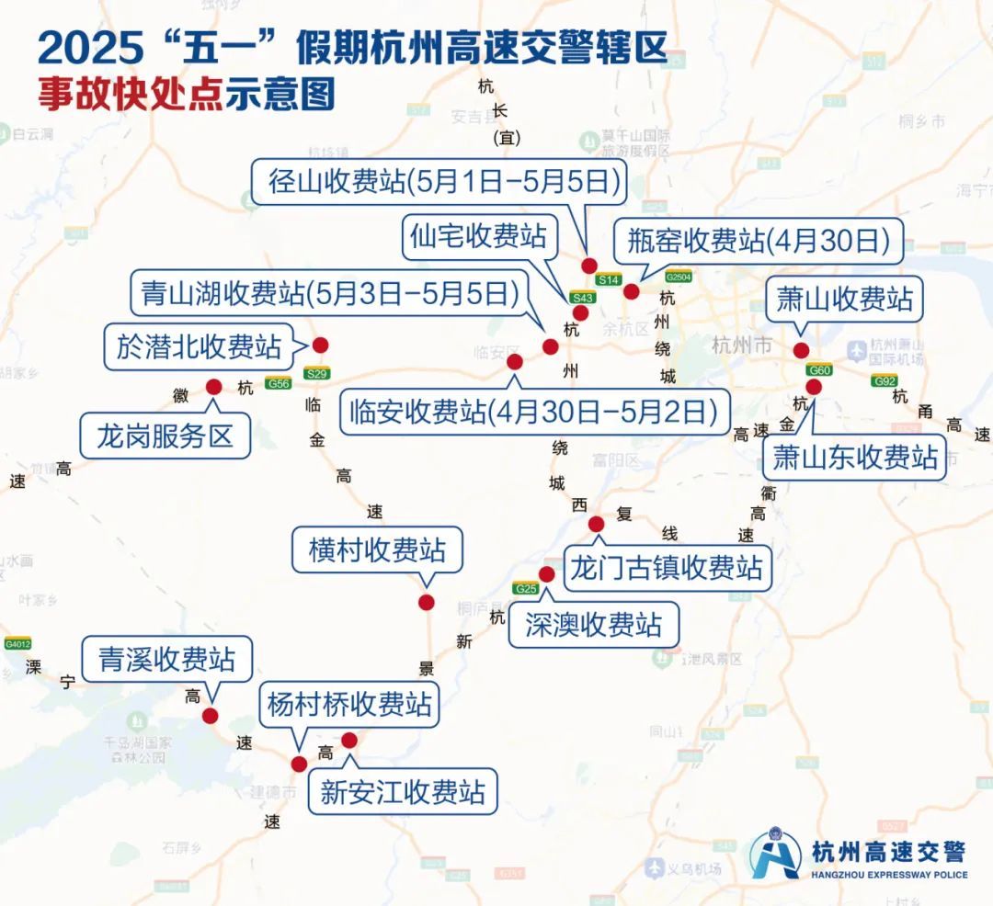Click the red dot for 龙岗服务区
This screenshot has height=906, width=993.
click(214, 387)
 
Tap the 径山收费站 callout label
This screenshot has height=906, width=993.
click(439, 181)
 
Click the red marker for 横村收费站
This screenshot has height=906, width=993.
click(426, 602)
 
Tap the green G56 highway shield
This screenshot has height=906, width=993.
click(279, 383)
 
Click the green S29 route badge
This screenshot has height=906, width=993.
click(317, 374)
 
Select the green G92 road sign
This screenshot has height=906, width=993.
click(885, 380)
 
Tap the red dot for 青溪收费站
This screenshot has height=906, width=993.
click(211, 716)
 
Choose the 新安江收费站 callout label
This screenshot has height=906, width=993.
click(403, 791)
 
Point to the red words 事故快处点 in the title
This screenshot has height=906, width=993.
click(131, 95)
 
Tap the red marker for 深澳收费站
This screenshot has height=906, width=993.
click(546, 574)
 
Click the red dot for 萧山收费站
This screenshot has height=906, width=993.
click(801, 350)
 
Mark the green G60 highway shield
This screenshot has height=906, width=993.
click(819, 370)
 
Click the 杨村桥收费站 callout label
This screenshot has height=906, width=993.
click(349, 705)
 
